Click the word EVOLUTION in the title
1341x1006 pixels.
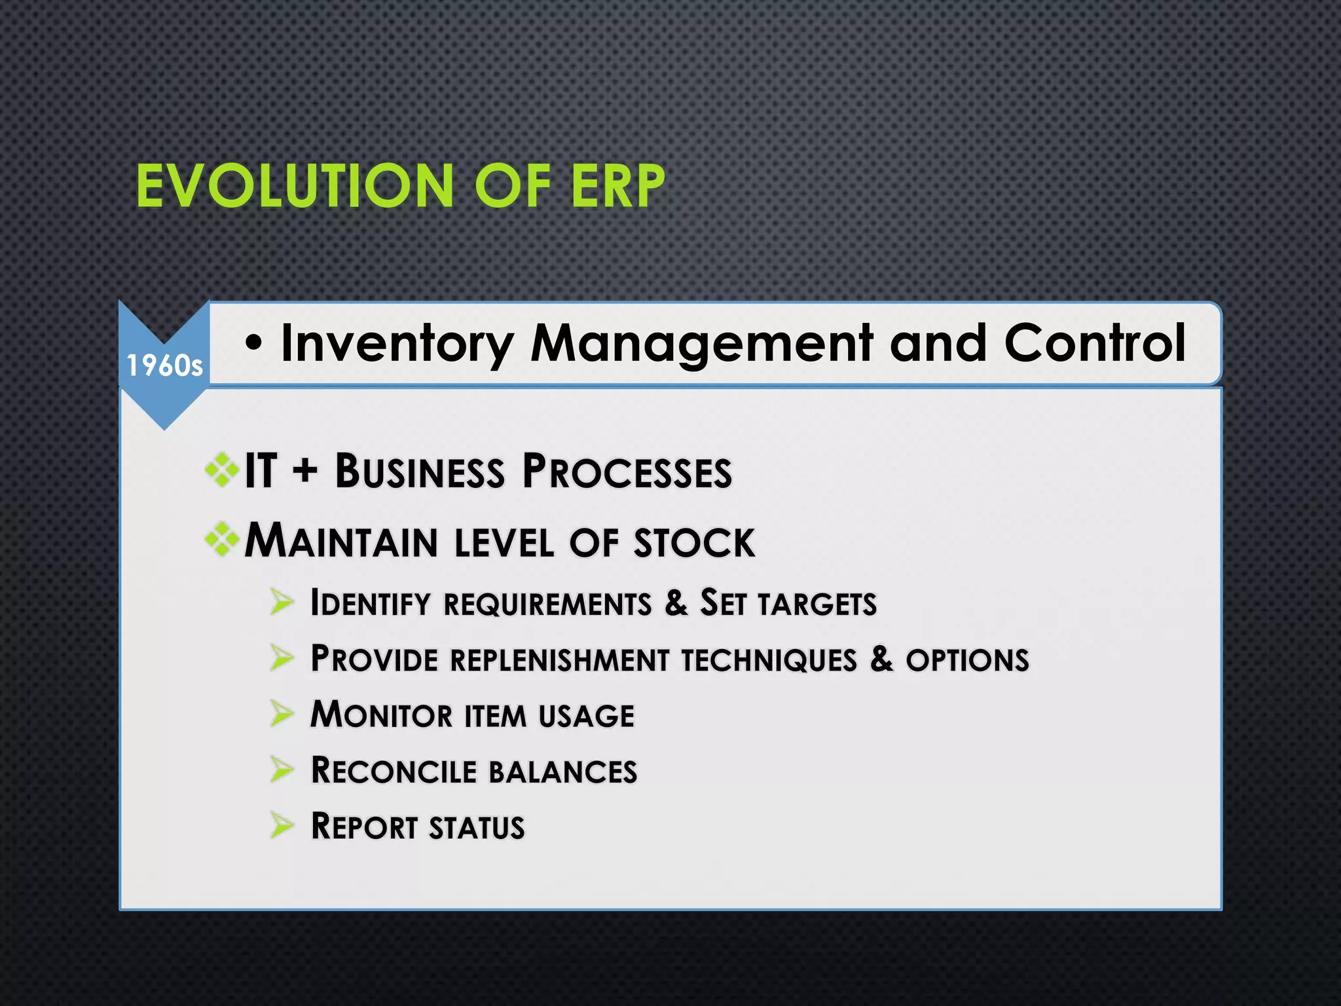click(x=295, y=187)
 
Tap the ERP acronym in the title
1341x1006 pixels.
click(x=617, y=187)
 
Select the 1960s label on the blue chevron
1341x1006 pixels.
click(x=164, y=365)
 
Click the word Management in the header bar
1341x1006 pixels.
click(x=701, y=344)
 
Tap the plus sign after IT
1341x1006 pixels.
click(x=305, y=471)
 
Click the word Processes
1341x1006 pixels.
click(x=627, y=472)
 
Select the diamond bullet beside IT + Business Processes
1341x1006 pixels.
click(x=221, y=470)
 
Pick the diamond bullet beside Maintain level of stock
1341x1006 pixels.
click(x=221, y=540)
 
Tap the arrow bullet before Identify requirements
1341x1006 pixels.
click(x=282, y=601)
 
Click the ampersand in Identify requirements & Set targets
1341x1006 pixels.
click(x=676, y=603)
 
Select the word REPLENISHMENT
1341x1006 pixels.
click(x=559, y=660)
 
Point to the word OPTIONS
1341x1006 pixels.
click(x=967, y=660)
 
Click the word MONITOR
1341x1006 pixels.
click(x=381, y=715)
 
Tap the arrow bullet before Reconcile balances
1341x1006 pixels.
click(x=282, y=770)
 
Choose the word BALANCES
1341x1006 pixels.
click(x=563, y=772)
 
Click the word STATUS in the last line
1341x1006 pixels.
click(x=477, y=827)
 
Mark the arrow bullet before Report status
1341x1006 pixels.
click(x=282, y=825)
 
